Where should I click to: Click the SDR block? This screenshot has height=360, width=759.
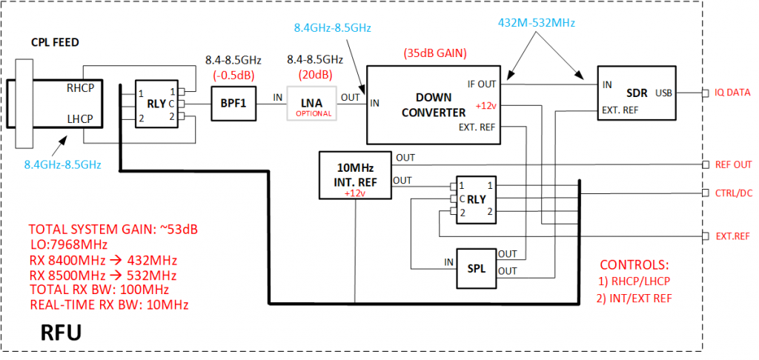[x=637, y=93]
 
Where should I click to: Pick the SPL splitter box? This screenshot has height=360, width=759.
[x=476, y=269]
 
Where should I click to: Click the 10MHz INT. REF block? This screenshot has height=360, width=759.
[x=354, y=176]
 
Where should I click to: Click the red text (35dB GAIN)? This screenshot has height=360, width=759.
[x=436, y=54]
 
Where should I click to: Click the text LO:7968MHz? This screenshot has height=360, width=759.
[x=68, y=244]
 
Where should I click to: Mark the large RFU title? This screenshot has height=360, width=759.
[x=51, y=332]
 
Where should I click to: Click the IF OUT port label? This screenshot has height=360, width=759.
[x=482, y=84]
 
